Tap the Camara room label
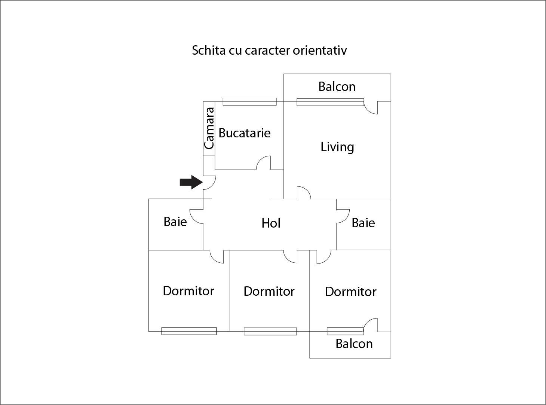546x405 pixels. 209,128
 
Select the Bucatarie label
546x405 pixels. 244,133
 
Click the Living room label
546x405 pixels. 337,147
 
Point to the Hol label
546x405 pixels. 271,223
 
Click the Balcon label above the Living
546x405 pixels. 337,86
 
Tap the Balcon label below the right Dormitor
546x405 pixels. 354,344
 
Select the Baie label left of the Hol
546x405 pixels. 175,222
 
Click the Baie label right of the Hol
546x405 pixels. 363,223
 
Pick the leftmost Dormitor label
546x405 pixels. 188,291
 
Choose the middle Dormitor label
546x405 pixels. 269,291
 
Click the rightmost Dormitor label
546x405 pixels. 350,292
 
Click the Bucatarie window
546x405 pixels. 249,101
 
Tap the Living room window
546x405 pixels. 330,102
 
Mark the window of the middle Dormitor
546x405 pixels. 270,331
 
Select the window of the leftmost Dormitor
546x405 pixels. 189,331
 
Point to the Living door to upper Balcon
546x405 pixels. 371,108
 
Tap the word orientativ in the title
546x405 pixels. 320,50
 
